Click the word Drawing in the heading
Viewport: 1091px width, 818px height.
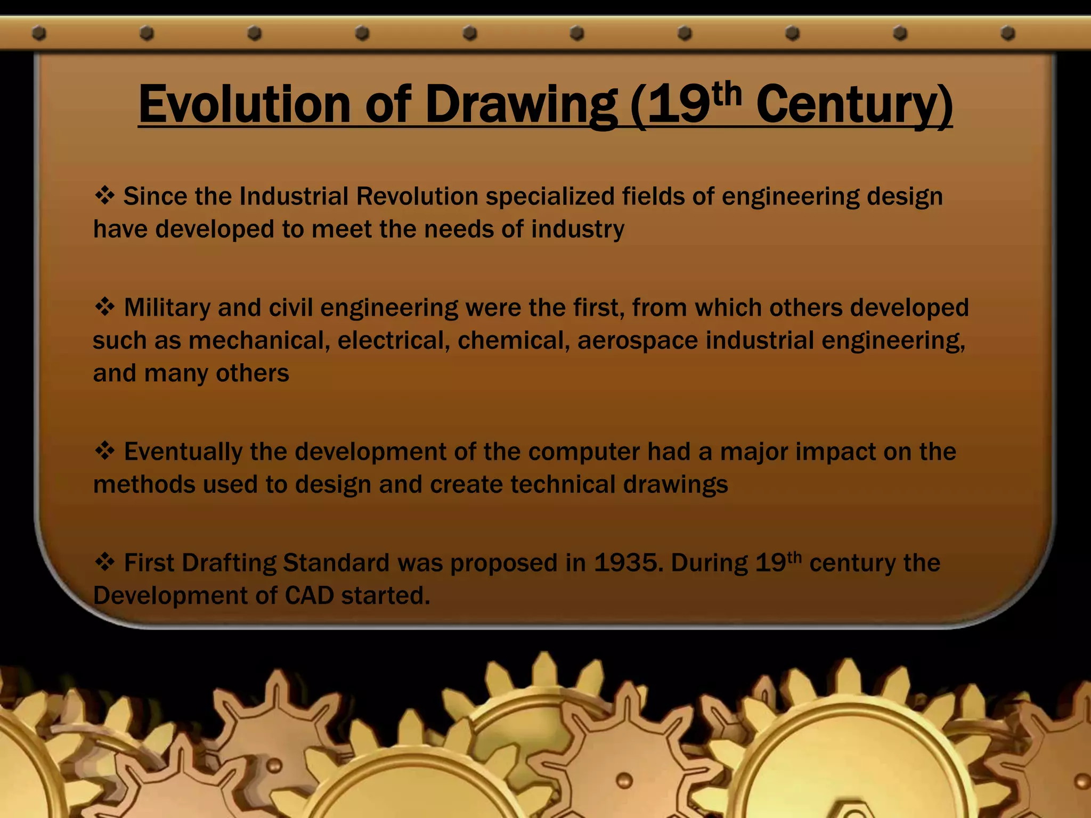[520, 105]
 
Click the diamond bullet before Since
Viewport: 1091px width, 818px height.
[104, 195]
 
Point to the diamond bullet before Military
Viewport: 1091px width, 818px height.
[104, 307]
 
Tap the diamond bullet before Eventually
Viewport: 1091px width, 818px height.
[104, 451]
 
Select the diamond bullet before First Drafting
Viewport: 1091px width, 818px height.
[104, 562]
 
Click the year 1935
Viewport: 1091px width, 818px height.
[629, 563]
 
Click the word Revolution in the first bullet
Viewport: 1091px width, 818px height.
[417, 196]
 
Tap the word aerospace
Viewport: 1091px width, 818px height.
[638, 341]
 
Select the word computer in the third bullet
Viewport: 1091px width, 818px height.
[584, 452]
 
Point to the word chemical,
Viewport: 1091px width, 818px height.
[514, 341]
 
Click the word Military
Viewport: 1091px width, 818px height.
[167, 308]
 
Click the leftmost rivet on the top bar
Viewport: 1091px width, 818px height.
[39, 34]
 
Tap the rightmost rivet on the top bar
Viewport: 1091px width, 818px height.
[1007, 34]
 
